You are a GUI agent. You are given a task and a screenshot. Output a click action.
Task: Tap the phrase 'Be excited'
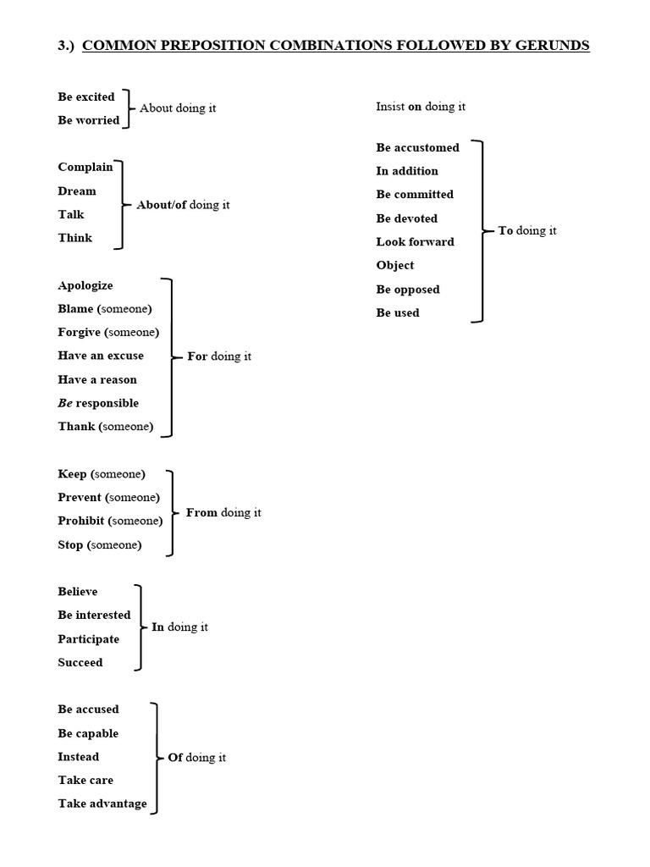[86, 97]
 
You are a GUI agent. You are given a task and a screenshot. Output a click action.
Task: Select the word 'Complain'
[85, 167]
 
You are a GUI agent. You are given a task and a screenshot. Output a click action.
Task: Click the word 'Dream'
[77, 191]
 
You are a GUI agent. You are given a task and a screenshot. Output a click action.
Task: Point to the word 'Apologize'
[85, 285]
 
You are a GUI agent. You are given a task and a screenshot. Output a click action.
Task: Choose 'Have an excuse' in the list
[101, 356]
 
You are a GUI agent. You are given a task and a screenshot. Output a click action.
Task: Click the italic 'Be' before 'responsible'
[65, 403]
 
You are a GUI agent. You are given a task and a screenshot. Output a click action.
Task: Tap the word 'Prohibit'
[80, 521]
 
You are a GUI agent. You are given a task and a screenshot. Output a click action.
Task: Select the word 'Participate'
[89, 638]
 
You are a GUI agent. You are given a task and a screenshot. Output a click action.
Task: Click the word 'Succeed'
[80, 662]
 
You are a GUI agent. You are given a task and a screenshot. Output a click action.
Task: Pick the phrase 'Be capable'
[88, 733]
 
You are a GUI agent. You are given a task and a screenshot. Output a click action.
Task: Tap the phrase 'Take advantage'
[102, 803]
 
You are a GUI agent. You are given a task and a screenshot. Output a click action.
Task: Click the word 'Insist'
[390, 107]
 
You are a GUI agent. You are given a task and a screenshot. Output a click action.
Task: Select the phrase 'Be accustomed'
[418, 147]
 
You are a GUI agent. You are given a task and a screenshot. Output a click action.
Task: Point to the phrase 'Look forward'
[416, 241]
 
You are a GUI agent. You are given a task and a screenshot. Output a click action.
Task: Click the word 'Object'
[395, 265]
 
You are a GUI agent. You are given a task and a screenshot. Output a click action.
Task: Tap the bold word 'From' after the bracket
[201, 512]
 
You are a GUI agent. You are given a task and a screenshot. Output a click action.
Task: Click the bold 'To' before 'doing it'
[506, 230]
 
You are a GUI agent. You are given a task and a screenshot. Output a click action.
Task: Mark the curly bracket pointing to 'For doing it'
[172, 356]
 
